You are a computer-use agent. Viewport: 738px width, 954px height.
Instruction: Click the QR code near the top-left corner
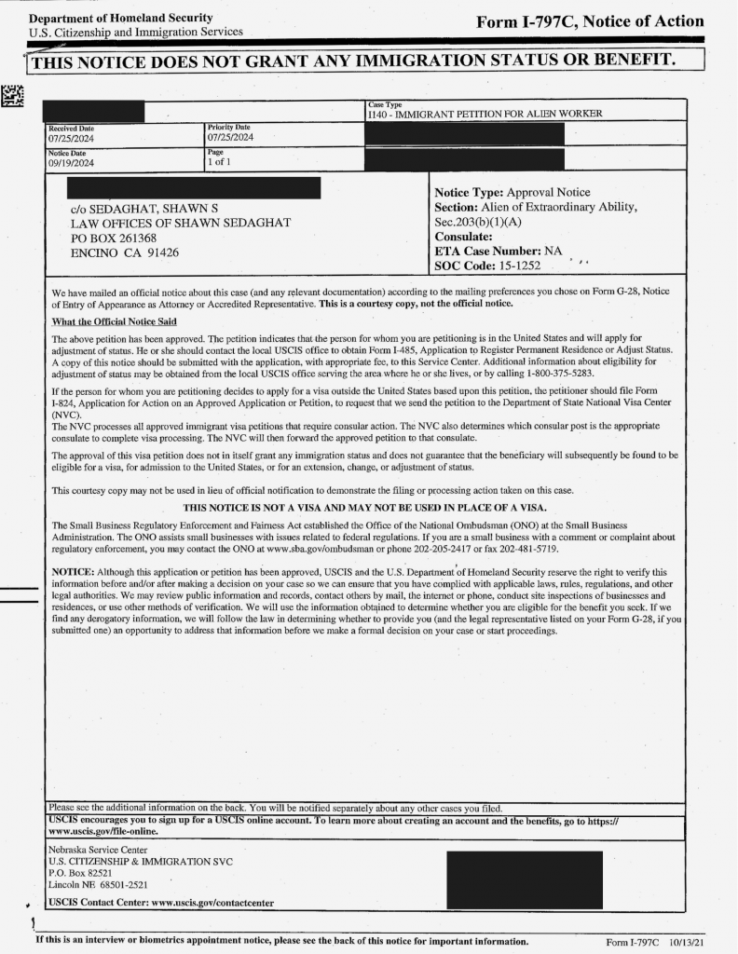pos(11,94)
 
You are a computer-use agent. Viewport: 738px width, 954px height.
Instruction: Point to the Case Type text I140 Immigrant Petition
pos(485,114)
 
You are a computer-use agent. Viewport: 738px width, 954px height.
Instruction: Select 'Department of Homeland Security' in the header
pos(120,19)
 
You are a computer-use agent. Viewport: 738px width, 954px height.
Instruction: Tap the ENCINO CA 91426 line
pos(125,252)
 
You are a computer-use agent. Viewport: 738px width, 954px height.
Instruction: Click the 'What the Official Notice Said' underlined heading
pos(114,321)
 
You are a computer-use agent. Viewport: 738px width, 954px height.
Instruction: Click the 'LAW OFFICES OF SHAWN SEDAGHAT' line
pos(181,223)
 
